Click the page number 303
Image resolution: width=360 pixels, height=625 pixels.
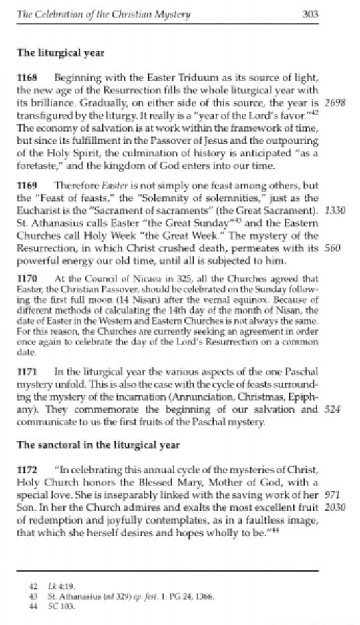point(310,12)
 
